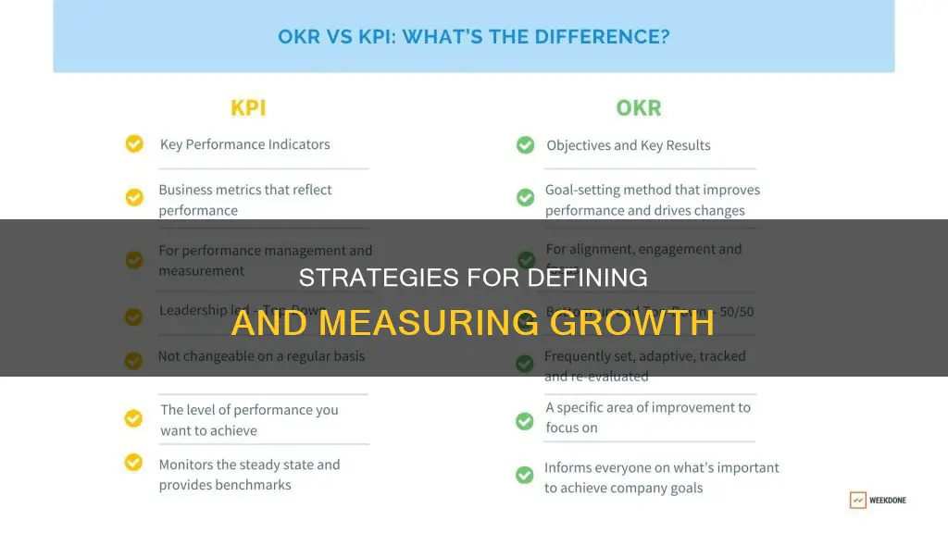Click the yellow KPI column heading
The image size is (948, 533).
click(x=248, y=108)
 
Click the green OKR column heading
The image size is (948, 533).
click(x=639, y=108)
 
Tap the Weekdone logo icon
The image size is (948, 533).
click(x=858, y=500)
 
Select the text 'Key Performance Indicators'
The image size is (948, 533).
click(x=244, y=144)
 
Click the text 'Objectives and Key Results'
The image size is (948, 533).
click(x=629, y=145)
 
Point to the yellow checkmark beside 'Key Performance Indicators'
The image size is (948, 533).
click(x=134, y=144)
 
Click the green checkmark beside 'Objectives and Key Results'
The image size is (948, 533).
click(x=525, y=145)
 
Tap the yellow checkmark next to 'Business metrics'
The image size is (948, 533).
click(x=134, y=197)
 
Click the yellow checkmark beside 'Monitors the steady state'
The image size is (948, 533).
click(x=134, y=462)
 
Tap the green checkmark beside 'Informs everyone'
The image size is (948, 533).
click(x=525, y=475)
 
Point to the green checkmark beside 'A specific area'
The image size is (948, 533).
click(x=525, y=420)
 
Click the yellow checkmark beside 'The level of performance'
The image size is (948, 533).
click(x=134, y=418)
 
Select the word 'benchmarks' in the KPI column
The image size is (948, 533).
click(x=253, y=485)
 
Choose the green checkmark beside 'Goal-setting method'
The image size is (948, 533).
click(x=525, y=197)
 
